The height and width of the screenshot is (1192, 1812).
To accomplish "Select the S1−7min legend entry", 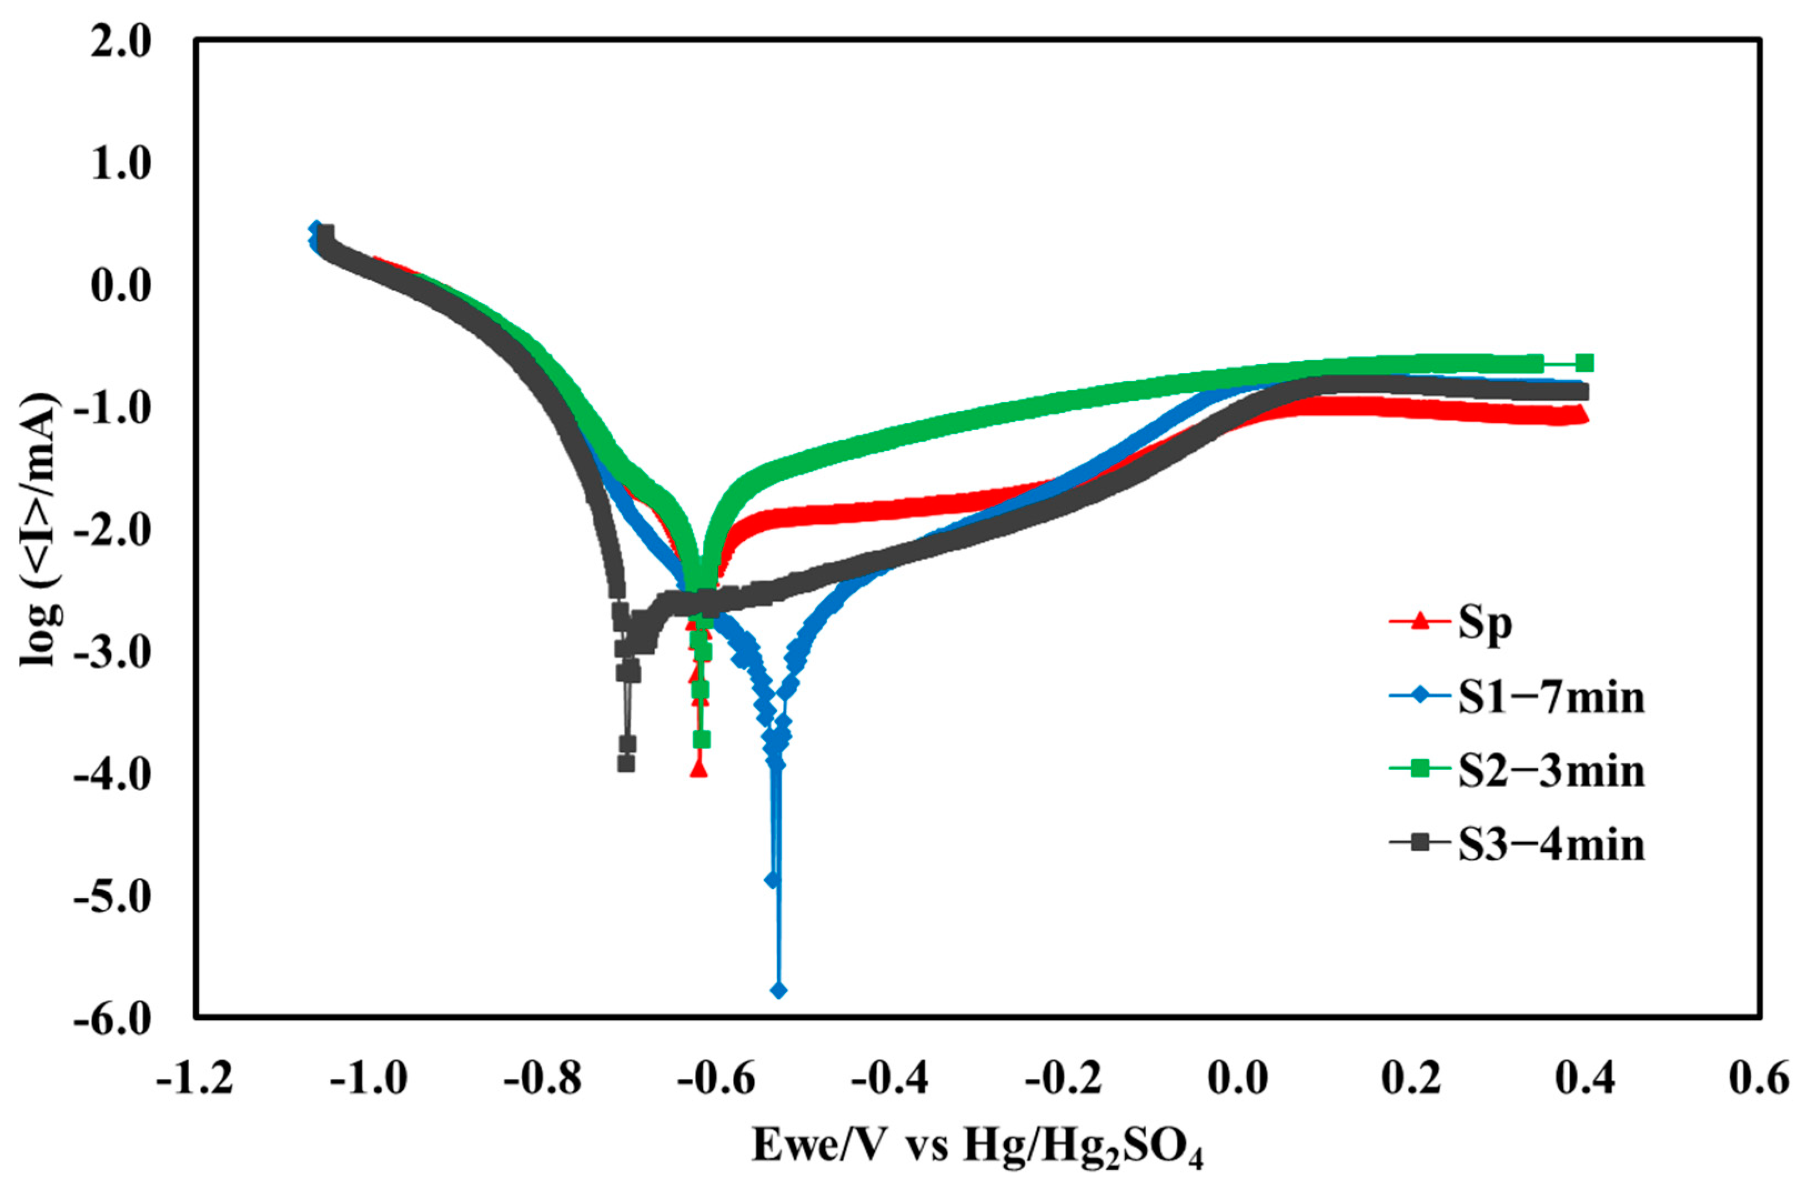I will [1551, 697].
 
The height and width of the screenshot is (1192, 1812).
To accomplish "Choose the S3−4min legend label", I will [1551, 844].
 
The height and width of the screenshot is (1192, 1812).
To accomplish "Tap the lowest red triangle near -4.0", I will [698, 769].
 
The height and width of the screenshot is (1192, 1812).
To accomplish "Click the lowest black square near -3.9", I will [626, 763].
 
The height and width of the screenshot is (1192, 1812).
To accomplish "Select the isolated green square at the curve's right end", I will [1584, 363].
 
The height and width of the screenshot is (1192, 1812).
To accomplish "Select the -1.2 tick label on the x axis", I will [195, 1079].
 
